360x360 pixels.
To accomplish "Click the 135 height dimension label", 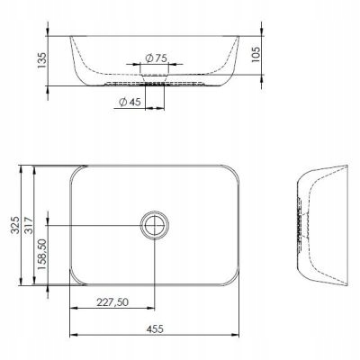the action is coord(42,60).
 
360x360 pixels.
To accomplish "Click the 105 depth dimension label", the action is coord(256,54).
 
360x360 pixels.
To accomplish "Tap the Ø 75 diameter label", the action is coord(156,58).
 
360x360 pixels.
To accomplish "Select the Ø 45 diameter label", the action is coord(130,102).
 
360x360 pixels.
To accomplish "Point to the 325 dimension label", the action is coord(15,225).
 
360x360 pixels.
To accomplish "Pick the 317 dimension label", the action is coord(29,225).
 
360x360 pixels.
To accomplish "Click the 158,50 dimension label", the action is coord(42,254).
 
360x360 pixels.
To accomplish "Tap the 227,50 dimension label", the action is coord(112,302).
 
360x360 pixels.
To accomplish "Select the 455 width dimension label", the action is coord(155,328).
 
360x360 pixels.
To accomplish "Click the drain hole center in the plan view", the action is coord(155,225).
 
